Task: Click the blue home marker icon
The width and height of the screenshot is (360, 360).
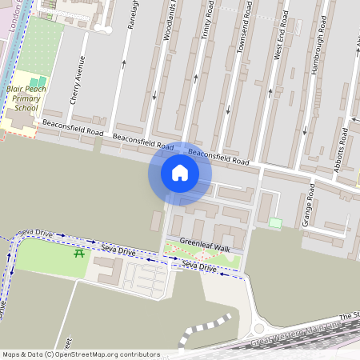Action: (x=179, y=173)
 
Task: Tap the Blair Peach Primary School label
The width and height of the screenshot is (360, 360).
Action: (x=22, y=99)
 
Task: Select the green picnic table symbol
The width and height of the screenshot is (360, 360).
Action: (x=80, y=254)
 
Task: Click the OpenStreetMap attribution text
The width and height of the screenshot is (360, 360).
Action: (x=80, y=354)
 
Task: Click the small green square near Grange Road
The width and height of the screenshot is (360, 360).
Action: (x=275, y=222)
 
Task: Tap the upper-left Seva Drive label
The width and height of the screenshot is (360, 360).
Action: (x=34, y=233)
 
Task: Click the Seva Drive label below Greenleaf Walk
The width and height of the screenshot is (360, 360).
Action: (x=198, y=266)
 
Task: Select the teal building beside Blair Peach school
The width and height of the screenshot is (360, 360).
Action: (x=38, y=82)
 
